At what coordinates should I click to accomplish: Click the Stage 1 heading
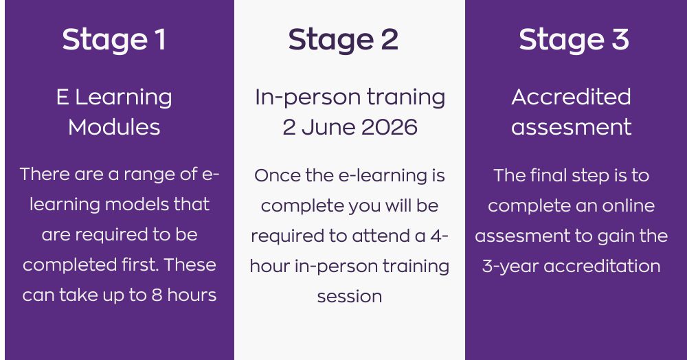[x=114, y=40]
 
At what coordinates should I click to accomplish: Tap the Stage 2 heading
[x=343, y=40]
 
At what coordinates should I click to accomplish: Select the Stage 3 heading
[x=574, y=40]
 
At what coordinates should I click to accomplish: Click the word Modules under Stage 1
[x=114, y=128]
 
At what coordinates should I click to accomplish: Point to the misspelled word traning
[x=406, y=98]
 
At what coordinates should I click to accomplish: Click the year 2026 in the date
[x=390, y=128]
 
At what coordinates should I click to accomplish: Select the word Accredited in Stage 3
[x=572, y=97]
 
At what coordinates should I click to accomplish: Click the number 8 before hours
[x=157, y=295]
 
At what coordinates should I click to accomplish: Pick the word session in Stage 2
[x=350, y=297]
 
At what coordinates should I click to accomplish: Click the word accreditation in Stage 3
[x=602, y=267]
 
